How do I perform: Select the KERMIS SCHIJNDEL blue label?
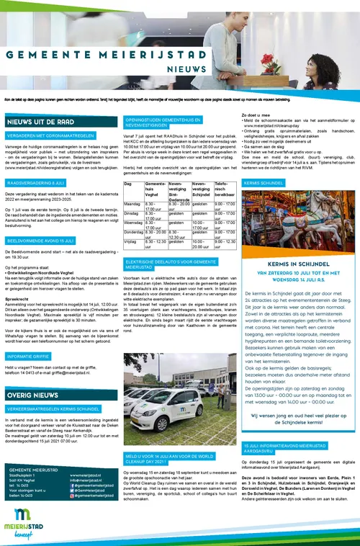264,184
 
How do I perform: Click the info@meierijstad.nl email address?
88,480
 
